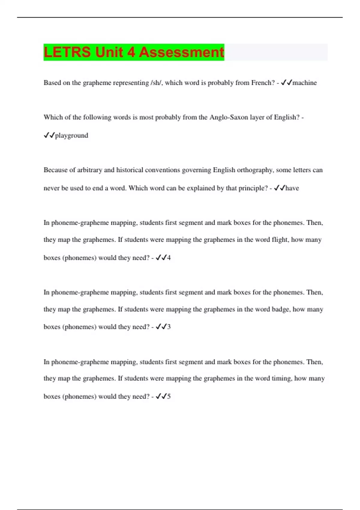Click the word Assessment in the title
181,52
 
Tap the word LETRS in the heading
67,52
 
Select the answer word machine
304,83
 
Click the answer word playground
72,135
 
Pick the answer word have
292,188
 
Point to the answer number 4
169,258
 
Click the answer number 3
169,327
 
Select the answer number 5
169,396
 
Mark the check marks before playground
49,135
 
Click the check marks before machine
286,83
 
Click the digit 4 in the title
131,52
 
